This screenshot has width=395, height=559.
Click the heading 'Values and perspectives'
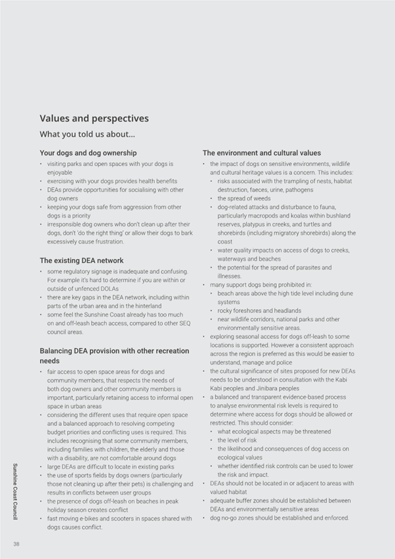point(94,119)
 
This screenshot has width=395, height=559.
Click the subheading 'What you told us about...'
point(87,134)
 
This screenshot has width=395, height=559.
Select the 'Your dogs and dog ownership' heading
point(88,153)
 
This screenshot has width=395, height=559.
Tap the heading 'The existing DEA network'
point(82,260)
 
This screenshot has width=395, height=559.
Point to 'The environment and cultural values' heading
point(262,153)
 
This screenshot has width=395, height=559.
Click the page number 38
point(16,544)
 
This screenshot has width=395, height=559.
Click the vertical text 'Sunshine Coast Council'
point(16,492)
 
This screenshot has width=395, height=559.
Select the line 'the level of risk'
point(242,440)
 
